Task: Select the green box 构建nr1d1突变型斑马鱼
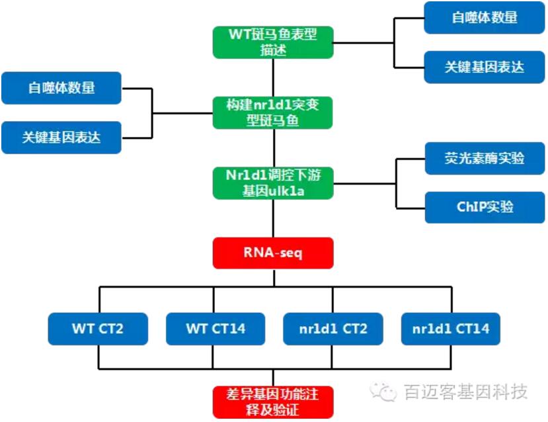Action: [x=273, y=113]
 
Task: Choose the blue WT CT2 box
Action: [x=98, y=328]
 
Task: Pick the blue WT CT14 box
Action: [x=215, y=328]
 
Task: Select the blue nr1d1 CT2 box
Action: [x=333, y=328]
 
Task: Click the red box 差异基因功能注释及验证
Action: [x=273, y=402]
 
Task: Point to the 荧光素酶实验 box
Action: [x=485, y=158]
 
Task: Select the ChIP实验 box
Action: [x=485, y=207]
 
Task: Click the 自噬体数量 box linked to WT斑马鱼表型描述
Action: [x=485, y=18]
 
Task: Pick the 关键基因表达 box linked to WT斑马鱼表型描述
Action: [x=485, y=67]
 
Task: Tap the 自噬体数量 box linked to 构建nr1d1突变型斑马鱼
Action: [x=61, y=88]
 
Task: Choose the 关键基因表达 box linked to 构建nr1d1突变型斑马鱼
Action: [x=61, y=138]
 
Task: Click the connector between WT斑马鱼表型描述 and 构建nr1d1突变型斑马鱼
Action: [x=273, y=78]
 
